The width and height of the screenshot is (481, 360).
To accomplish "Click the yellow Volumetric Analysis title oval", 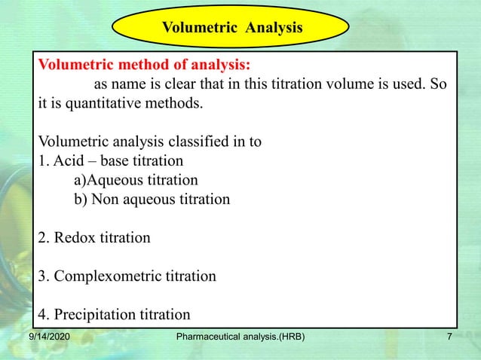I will [232, 28].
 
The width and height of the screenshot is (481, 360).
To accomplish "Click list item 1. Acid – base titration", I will [110, 161].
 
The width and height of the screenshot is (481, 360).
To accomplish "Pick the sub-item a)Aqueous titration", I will [136, 181].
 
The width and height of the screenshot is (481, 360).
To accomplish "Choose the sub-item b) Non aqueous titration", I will [152, 200].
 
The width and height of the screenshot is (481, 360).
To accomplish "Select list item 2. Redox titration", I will [94, 238].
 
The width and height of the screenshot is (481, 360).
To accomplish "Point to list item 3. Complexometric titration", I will [127, 276].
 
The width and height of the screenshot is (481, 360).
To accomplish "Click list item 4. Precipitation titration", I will [114, 314].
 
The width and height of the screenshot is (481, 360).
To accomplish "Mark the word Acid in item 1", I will [66, 161].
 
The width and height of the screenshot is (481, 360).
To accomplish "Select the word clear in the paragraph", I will [188, 84].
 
